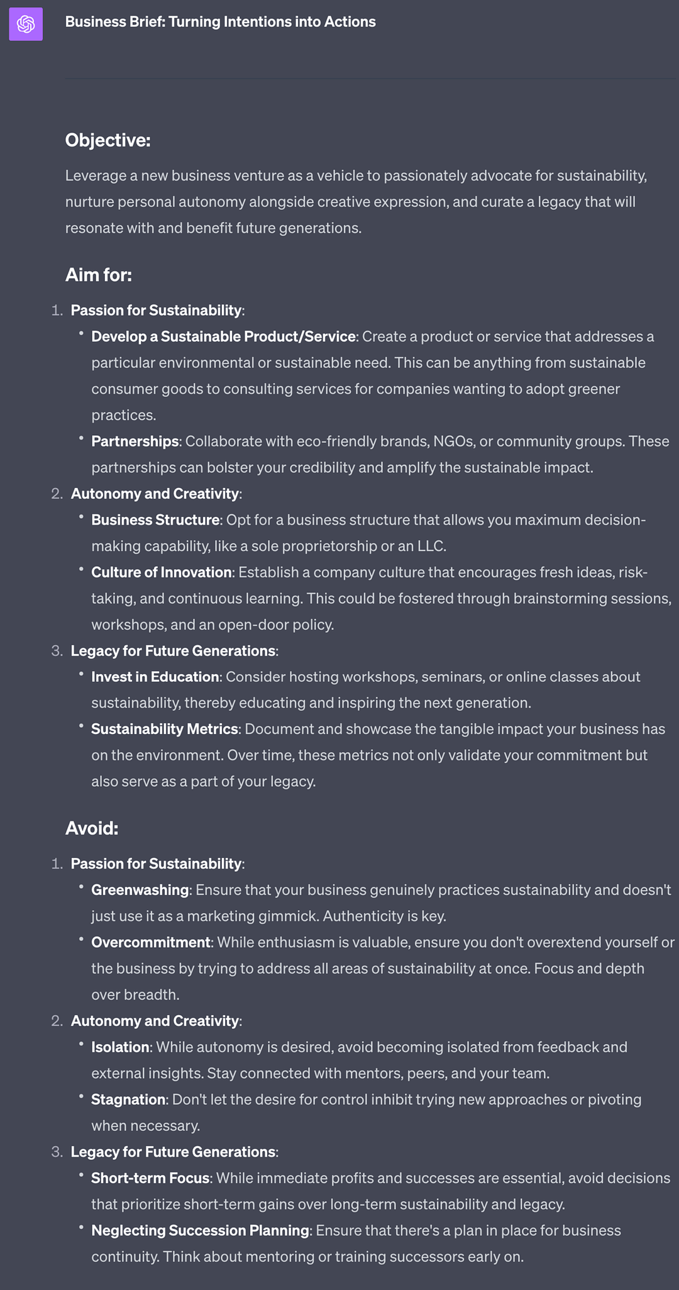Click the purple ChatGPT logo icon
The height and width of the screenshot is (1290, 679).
click(x=26, y=25)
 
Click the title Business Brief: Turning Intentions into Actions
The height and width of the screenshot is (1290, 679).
click(x=220, y=22)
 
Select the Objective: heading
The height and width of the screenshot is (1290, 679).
click(x=108, y=140)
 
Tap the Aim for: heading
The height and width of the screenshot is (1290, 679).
click(x=99, y=275)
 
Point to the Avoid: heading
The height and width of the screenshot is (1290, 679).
click(x=92, y=828)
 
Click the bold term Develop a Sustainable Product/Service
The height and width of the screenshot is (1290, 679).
click(x=223, y=336)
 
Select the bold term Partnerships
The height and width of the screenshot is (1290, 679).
click(x=135, y=442)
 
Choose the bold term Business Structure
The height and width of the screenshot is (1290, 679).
click(x=155, y=520)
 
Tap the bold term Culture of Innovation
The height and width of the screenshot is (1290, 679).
click(x=162, y=572)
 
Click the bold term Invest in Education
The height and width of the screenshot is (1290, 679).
click(x=155, y=677)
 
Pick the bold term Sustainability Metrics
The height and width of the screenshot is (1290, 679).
click(x=165, y=729)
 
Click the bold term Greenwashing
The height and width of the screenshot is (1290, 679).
click(x=140, y=890)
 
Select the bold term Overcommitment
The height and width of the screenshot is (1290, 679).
click(x=151, y=942)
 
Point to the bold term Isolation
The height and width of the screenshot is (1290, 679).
click(x=121, y=1047)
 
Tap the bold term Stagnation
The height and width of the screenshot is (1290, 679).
click(x=128, y=1099)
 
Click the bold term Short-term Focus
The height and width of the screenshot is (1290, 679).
click(x=150, y=1178)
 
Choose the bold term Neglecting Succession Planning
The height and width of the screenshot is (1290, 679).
click(x=201, y=1230)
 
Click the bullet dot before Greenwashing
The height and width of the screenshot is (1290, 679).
click(x=82, y=886)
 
